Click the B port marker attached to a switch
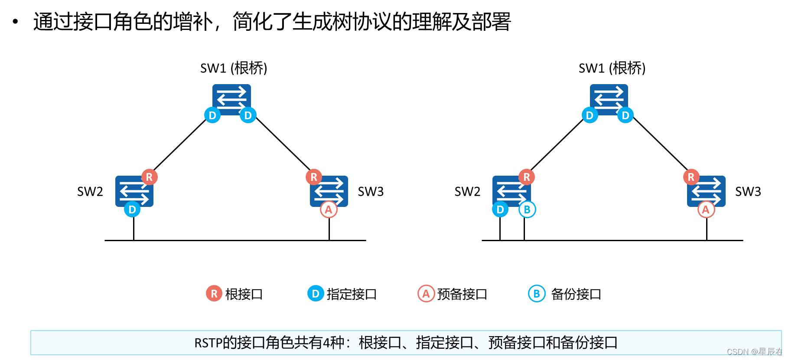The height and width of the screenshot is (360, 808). [527, 210]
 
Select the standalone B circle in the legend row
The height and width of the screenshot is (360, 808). [537, 294]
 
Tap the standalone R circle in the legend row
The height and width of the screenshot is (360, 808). [214, 294]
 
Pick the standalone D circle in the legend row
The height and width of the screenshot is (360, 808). [316, 294]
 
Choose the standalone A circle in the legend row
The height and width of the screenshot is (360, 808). [426, 294]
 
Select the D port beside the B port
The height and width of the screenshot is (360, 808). [500, 210]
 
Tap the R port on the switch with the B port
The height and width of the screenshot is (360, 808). [527, 177]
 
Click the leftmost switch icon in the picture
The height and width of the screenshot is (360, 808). [134, 191]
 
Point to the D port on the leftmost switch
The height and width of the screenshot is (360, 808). [132, 210]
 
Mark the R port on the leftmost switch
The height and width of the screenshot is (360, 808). [149, 177]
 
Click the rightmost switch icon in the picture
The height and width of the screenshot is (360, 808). [706, 191]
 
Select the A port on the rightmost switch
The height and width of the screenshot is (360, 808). [706, 210]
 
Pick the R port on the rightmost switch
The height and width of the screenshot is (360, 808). [691, 177]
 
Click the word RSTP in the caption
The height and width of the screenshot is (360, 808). [208, 343]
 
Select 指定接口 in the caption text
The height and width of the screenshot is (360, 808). [444, 343]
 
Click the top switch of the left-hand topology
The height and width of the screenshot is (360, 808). [231, 99]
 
